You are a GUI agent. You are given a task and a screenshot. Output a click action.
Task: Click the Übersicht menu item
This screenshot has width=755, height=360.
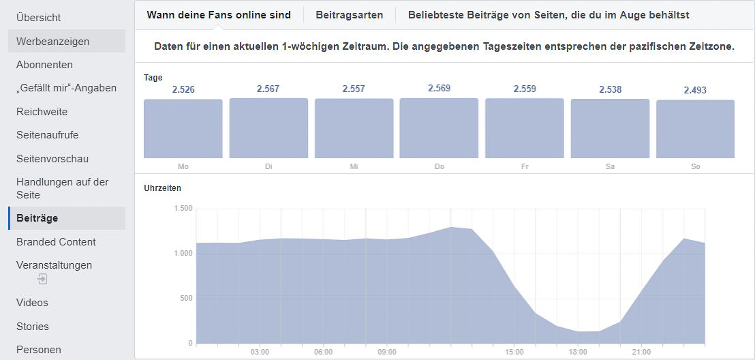tap(38, 18)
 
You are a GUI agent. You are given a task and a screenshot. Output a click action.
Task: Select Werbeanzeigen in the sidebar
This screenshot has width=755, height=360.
tap(52, 42)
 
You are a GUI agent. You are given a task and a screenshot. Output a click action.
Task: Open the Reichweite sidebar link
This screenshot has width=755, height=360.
tap(42, 112)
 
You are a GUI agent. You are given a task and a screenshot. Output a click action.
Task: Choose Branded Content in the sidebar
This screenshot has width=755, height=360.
tap(56, 242)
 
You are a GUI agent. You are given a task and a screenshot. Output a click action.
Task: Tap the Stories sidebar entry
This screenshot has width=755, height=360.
tap(33, 327)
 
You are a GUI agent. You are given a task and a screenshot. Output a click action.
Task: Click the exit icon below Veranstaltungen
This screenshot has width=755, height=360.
tap(42, 280)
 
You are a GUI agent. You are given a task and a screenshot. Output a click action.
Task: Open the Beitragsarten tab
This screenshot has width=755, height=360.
tap(350, 15)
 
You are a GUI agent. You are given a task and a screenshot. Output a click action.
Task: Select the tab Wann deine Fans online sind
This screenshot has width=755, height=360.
tap(219, 15)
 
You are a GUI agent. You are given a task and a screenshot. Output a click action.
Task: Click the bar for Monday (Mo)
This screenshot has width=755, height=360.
tap(183, 129)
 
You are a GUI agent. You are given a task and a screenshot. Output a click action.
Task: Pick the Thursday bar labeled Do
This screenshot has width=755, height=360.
tap(439, 128)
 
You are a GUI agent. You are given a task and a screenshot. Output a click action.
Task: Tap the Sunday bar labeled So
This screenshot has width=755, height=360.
tap(695, 130)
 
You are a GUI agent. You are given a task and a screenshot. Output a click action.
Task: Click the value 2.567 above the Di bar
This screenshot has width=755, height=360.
tap(268, 89)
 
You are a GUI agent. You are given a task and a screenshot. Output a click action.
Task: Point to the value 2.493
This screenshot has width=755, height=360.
tap(695, 91)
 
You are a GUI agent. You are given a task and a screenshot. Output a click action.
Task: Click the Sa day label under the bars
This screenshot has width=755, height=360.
tap(610, 166)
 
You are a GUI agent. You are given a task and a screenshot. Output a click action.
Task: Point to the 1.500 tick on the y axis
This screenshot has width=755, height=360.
tap(183, 209)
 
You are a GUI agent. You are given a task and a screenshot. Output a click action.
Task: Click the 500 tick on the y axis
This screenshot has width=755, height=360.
tap(186, 299)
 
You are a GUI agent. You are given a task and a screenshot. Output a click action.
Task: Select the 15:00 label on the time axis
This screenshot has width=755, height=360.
tap(514, 352)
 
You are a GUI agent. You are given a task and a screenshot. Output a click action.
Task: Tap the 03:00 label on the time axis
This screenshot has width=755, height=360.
tap(260, 352)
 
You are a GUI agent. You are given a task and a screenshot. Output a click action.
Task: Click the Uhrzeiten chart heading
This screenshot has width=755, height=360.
tap(163, 188)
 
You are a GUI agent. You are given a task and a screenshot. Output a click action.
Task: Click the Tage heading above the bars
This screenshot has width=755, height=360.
tap(153, 78)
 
